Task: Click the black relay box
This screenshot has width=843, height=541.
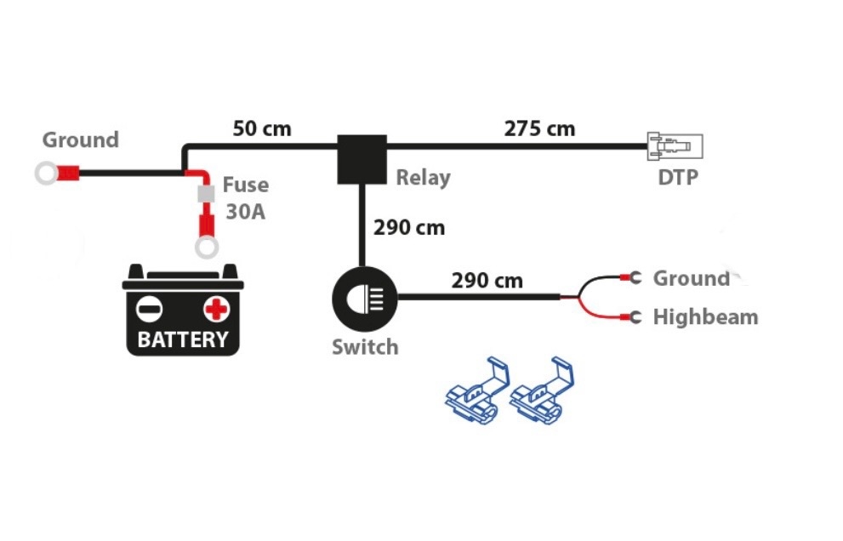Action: click(362, 159)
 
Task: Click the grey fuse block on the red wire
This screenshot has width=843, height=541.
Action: click(205, 195)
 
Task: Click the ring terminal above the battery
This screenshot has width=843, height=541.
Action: click(205, 248)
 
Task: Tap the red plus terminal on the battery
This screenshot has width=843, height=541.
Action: click(216, 306)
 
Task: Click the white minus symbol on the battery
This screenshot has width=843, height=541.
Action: click(150, 306)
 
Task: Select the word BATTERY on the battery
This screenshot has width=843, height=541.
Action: click(183, 339)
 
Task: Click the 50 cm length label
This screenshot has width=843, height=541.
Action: click(262, 128)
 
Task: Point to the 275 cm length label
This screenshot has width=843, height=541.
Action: click(539, 128)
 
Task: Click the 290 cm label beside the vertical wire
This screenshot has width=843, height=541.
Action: click(408, 228)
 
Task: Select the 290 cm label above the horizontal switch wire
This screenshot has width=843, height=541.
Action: click(487, 280)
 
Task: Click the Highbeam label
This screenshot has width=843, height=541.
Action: click(705, 317)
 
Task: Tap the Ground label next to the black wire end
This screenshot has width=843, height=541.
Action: click(691, 278)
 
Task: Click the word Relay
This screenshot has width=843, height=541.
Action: click(423, 178)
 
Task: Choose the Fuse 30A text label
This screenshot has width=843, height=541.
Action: click(245, 197)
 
